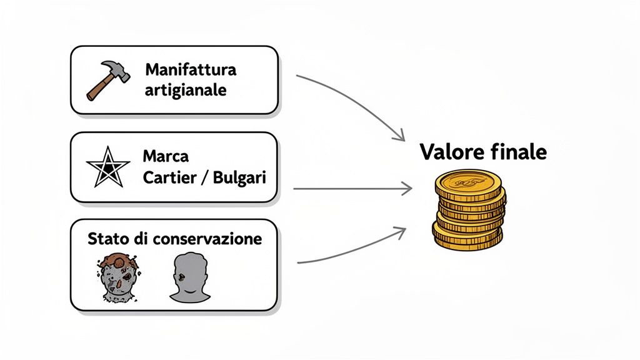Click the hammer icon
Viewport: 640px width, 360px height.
[x=108, y=81]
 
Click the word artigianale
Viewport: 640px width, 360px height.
[x=185, y=90]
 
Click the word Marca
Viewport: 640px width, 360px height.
[x=166, y=155]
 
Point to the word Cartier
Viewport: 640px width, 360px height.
[x=169, y=177]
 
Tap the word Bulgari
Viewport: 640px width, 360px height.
[x=239, y=177]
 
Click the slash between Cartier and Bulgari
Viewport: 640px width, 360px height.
[x=204, y=177]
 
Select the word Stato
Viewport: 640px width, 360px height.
[x=106, y=239]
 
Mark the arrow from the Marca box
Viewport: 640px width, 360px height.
[x=350, y=188]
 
